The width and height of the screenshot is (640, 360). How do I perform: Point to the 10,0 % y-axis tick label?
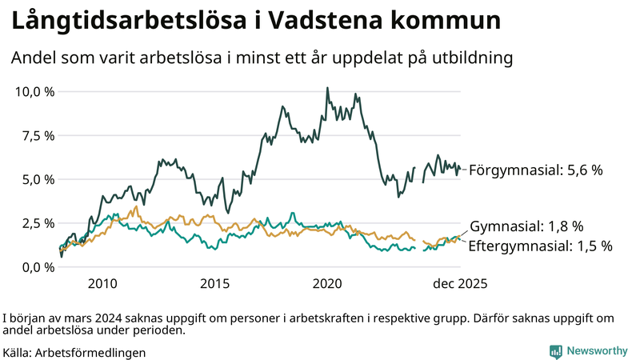tap(35, 91)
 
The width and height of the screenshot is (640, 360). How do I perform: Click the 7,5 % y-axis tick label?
tap(38, 135)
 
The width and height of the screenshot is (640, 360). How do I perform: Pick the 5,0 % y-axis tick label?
tap(38, 179)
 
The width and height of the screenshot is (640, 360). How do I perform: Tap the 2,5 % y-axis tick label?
tap(38, 223)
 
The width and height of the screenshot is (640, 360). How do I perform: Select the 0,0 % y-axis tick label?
tap(38, 267)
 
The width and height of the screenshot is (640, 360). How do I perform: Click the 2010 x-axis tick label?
tap(102, 284)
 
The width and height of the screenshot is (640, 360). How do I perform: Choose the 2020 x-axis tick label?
tap(328, 284)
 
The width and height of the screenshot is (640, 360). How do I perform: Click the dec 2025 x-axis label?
tap(460, 284)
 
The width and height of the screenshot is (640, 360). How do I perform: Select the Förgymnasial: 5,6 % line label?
tap(535, 170)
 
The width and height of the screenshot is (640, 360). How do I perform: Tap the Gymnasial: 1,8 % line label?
tap(526, 226)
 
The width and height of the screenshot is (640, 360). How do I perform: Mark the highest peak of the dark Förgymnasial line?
tap(327, 89)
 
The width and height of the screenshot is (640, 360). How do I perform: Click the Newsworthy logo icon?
tap(555, 351)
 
